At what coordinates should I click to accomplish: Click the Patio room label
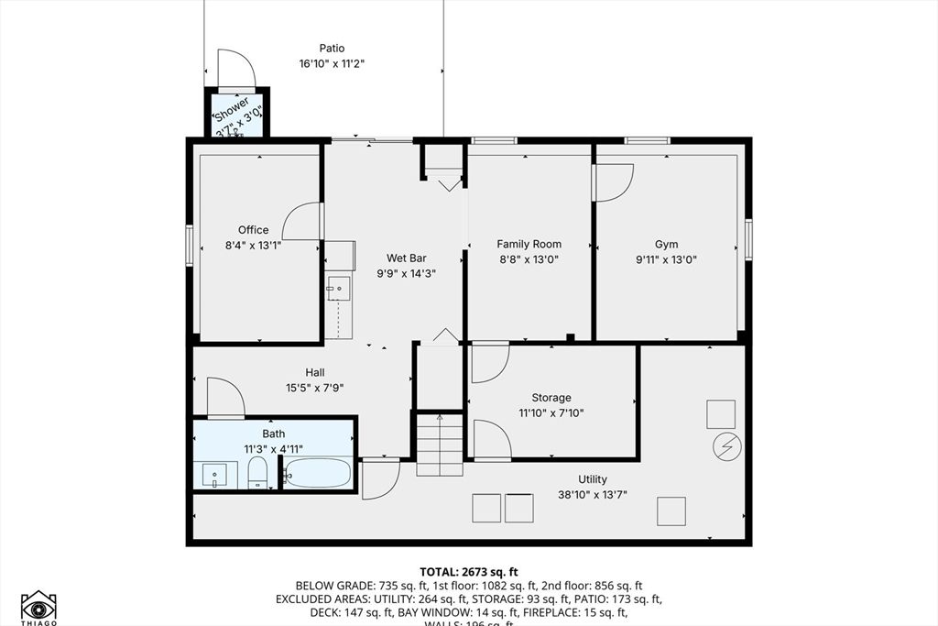[332, 49]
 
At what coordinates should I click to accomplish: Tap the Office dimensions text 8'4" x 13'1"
[254, 246]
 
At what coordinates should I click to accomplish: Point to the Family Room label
[529, 244]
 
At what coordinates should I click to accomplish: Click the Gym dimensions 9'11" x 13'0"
[666, 259]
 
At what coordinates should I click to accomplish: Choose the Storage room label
[551, 398]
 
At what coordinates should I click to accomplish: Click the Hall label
[315, 372]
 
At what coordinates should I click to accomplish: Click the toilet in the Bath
[257, 474]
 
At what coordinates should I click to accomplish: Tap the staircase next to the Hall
[440, 445]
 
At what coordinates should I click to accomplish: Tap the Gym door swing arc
[614, 182]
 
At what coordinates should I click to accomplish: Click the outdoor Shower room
[236, 115]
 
